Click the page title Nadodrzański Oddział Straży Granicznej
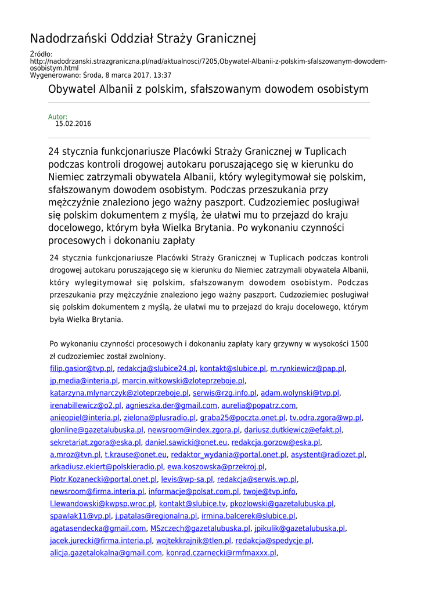coord(143,39)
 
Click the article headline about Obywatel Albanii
coord(208,89)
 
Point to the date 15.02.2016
coord(73,124)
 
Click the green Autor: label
coord(57,117)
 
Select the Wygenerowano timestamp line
coord(100,75)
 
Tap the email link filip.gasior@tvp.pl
coord(81,368)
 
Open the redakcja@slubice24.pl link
coord(156,368)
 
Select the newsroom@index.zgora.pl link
coord(194,430)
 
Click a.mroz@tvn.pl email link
coord(75,455)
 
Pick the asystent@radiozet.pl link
coord(328,455)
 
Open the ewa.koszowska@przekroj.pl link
coord(216,467)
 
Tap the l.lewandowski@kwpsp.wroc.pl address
coord(102,504)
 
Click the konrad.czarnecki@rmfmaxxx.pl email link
coord(221,553)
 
